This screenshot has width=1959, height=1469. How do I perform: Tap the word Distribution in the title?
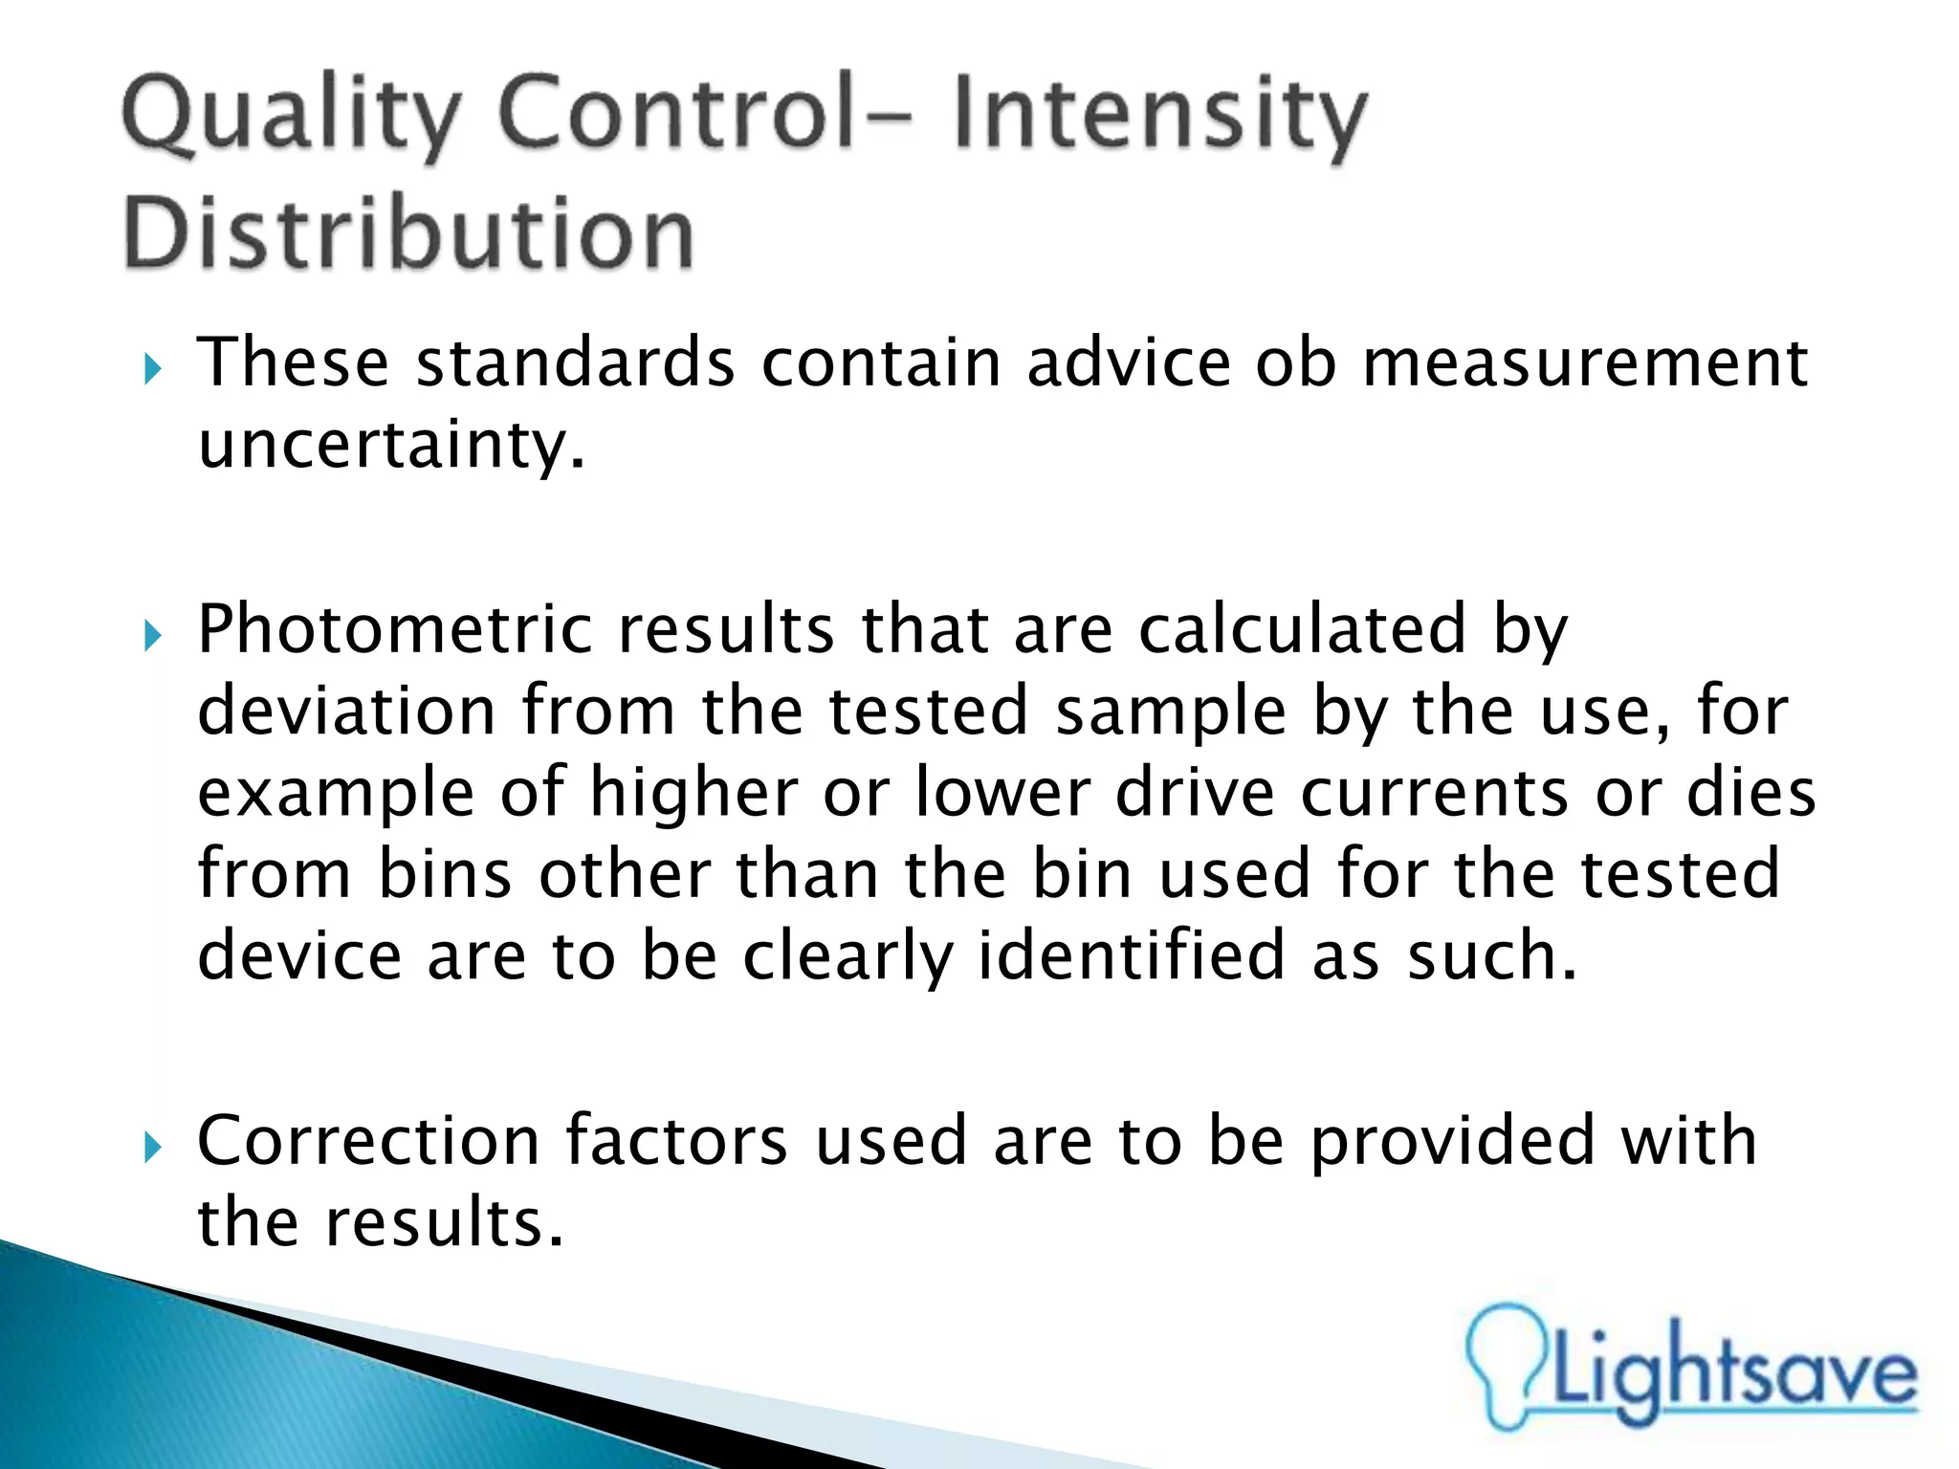[x=408, y=234]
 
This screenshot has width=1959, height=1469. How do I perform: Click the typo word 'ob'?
[x=1295, y=363]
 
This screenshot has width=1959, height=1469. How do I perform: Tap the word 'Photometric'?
[x=394, y=630]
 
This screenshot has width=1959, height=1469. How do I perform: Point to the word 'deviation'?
[x=346, y=712]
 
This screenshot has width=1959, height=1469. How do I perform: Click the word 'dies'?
[x=1750, y=794]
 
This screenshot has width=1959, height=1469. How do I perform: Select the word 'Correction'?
[x=368, y=1141]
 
